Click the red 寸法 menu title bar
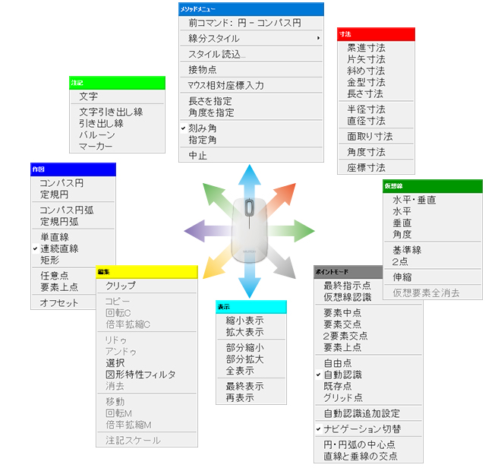(x=377, y=34)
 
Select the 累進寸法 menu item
(x=366, y=47)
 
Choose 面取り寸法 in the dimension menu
(x=370, y=137)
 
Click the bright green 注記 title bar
(x=117, y=82)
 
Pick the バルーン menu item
(x=96, y=134)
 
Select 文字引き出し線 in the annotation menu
(x=111, y=111)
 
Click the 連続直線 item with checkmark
(x=59, y=248)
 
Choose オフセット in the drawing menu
(x=59, y=303)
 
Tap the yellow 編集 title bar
(x=147, y=271)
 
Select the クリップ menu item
(x=121, y=286)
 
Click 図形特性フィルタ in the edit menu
(x=140, y=375)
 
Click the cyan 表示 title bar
(x=251, y=306)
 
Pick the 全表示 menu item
(x=239, y=371)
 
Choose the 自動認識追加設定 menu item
(x=361, y=414)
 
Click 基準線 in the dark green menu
(x=407, y=250)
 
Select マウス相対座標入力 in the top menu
(x=226, y=85)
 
